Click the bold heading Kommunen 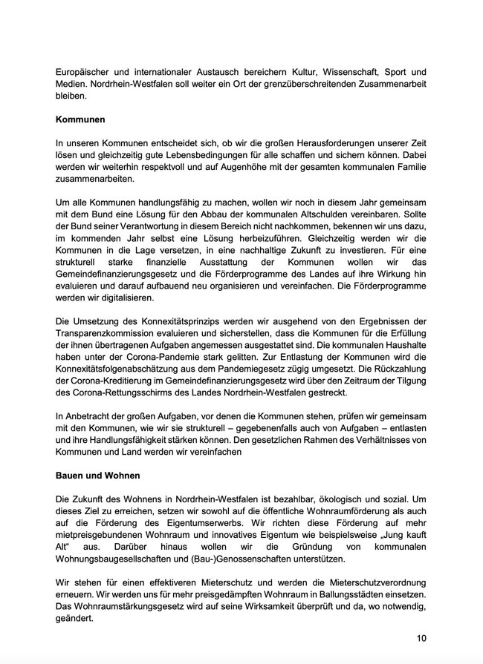coord(80,119)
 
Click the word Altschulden coord(335,215)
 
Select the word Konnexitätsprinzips coord(176,321)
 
